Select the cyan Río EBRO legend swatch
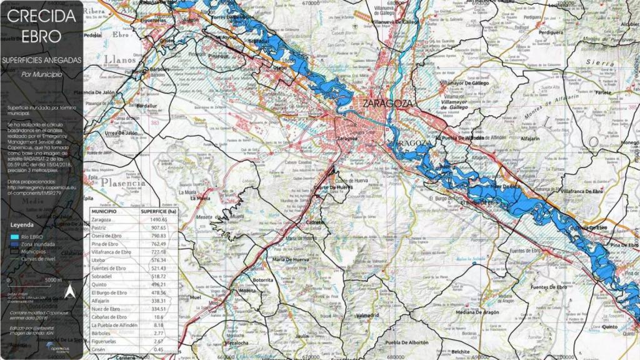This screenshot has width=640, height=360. tap(14, 236)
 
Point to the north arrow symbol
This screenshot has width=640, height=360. tap(70, 291)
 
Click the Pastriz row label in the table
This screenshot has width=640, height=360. tap(101, 228)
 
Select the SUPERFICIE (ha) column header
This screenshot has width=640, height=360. tap(158, 212)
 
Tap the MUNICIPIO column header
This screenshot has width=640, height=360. tap(105, 212)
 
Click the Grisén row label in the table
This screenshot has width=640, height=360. tap(100, 349)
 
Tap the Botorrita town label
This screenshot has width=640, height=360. tap(263, 280)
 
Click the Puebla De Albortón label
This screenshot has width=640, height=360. tap(407, 342)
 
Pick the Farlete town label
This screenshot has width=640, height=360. tap(603, 92)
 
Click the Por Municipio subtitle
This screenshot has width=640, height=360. tap(41, 74)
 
